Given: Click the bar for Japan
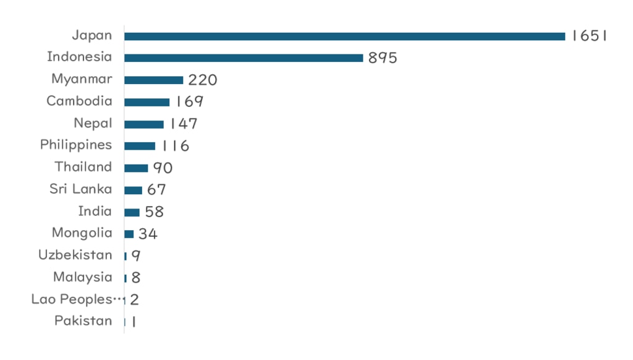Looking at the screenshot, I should [x=344, y=36].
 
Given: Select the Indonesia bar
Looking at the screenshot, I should [x=244, y=58].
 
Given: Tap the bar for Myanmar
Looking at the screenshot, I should [x=153, y=80].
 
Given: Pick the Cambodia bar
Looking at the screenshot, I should [x=147, y=102].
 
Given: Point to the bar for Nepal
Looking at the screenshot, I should [x=144, y=124].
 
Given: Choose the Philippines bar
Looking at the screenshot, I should [x=140, y=146].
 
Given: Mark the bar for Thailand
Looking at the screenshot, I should [x=136, y=168].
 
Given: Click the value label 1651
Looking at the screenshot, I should [x=589, y=36].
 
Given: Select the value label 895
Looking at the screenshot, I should [x=382, y=58].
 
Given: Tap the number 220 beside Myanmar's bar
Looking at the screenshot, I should [x=203, y=80].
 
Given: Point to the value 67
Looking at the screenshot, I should [x=156, y=190].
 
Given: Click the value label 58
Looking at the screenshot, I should [x=154, y=212].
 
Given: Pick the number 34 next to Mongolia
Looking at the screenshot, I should [x=148, y=234].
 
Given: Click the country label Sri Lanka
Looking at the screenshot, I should [x=81, y=189].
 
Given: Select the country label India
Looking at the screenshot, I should [x=95, y=211].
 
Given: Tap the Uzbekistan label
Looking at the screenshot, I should [x=75, y=255].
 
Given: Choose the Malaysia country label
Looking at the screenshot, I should [x=83, y=277].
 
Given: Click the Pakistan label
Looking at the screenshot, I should [x=83, y=321].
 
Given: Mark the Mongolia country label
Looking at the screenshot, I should [x=82, y=233].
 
